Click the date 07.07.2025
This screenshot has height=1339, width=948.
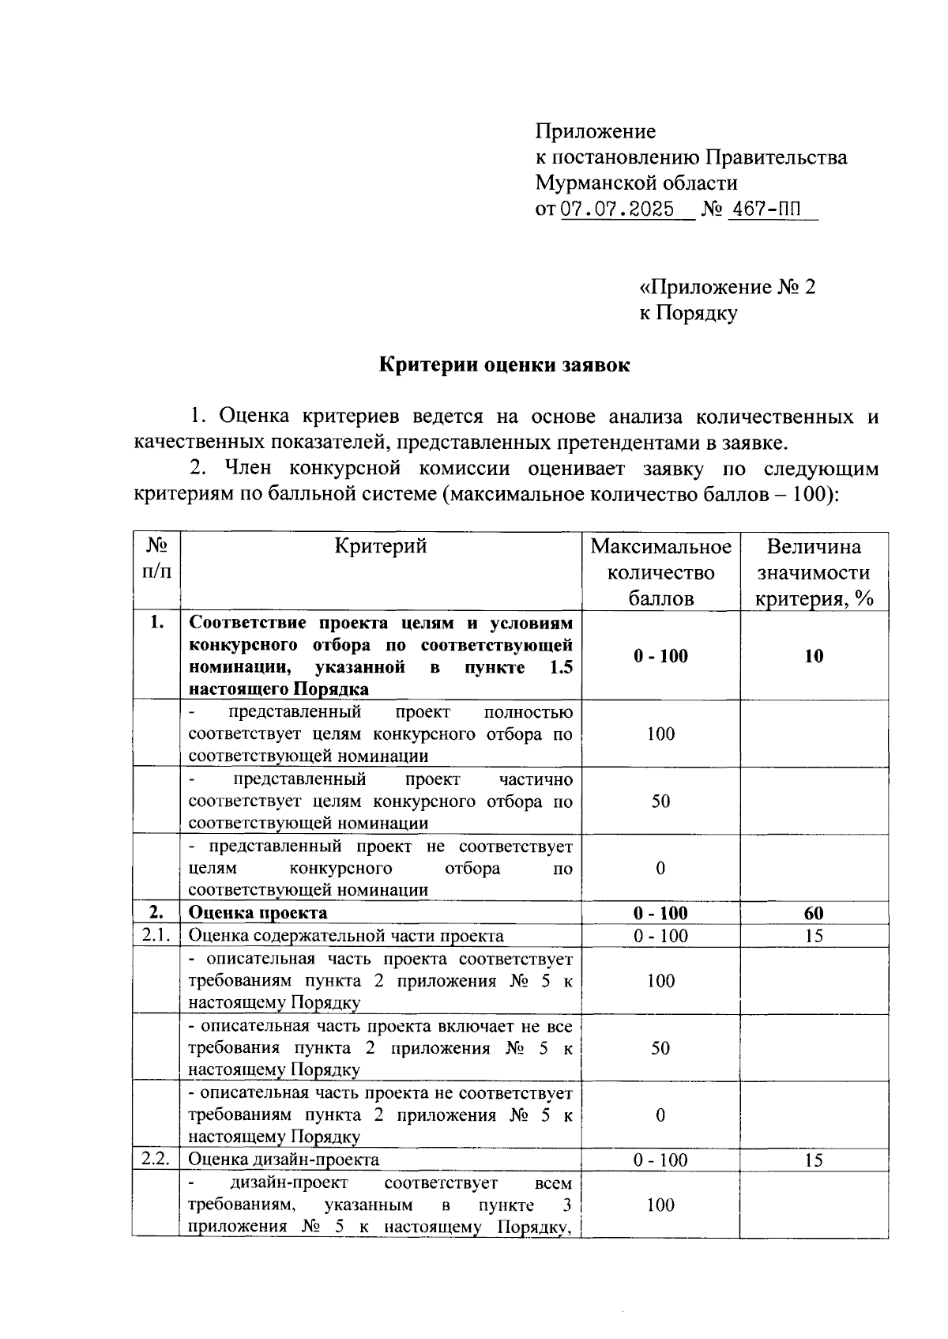[617, 209]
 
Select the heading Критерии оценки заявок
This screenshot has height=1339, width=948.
[505, 365]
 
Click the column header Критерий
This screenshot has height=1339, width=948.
[380, 546]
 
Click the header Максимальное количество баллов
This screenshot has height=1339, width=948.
[660, 572]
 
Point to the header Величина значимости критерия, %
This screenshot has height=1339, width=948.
[814, 572]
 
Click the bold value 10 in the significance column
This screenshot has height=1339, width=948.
[814, 656]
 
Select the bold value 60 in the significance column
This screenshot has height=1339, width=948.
[814, 913]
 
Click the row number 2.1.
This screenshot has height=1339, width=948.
[156, 936]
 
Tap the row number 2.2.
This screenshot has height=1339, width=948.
[156, 1160]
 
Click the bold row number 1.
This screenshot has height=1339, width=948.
[156, 623]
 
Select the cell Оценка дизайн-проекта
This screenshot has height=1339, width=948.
[284, 1160]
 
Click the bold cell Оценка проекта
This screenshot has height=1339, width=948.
[258, 913]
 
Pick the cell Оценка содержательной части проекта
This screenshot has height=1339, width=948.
[346, 936]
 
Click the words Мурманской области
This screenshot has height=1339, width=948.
[636, 183]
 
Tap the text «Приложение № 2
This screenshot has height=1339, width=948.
[727, 287]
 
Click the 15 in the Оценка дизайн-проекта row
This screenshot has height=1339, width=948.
[814, 1160]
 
